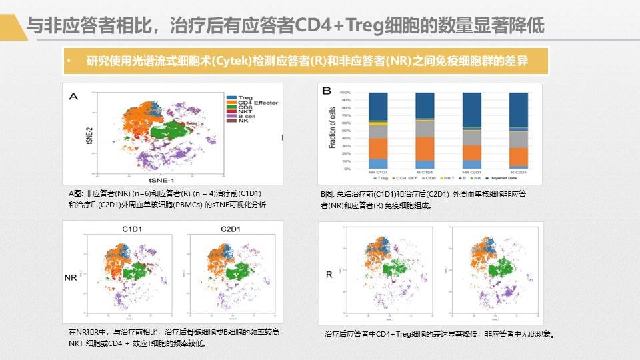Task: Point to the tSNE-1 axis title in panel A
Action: point(161,180)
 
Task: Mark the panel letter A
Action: point(73,97)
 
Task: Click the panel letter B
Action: point(327,91)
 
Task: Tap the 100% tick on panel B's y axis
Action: point(345,93)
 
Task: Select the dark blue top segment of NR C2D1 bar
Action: point(471,109)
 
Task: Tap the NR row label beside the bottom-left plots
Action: point(70,276)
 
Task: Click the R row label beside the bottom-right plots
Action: point(329,274)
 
